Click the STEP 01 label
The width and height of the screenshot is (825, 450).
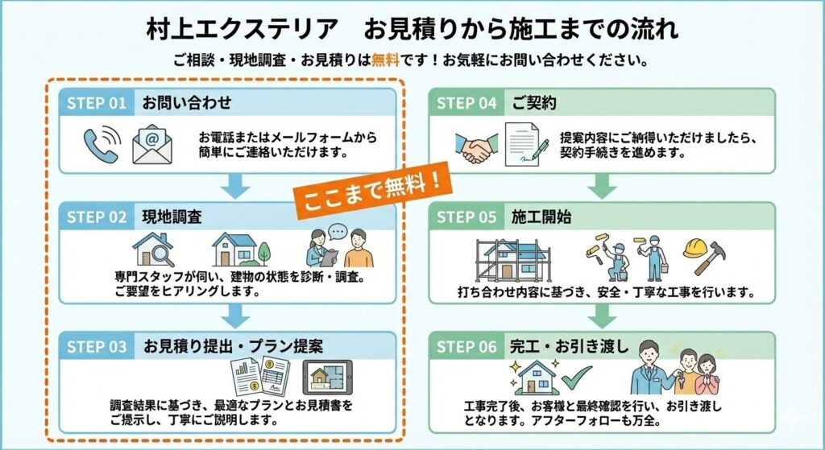[x=97, y=103]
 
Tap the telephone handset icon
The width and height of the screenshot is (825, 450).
[x=100, y=146]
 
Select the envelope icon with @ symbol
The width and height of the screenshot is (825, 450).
[x=152, y=144]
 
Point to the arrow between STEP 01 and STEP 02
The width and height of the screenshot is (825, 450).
[x=235, y=186]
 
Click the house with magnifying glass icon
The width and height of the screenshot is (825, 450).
[x=153, y=250]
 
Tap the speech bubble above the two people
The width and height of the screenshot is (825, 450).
[x=338, y=231]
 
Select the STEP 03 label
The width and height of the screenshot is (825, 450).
[x=97, y=347]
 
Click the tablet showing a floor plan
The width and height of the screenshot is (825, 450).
[x=327, y=377]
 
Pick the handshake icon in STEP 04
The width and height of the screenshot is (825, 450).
[x=476, y=148]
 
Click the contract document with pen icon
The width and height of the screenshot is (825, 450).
[x=526, y=145]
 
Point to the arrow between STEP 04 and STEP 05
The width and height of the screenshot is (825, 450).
[x=602, y=186]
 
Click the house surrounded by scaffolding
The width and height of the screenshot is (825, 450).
[x=513, y=261]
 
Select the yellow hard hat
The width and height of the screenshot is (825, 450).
[x=695, y=248]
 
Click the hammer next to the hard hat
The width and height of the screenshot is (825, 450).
[x=711, y=258]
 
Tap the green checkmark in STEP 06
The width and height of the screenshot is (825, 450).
[x=576, y=377]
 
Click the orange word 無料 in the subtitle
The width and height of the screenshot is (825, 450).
[x=385, y=60]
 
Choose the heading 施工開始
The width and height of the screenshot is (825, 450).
[x=541, y=217]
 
